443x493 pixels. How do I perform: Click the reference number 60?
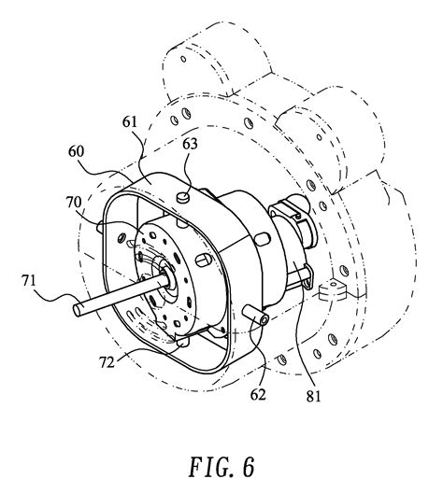[x=76, y=151]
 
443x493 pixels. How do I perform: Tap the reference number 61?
[x=130, y=121]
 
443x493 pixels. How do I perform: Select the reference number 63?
[x=190, y=144]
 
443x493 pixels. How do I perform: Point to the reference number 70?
[x=74, y=203]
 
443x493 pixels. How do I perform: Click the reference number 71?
[x=29, y=280]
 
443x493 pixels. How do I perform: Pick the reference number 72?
[x=107, y=362]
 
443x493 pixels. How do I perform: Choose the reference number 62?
[x=258, y=395]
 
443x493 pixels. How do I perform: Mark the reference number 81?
[x=313, y=397]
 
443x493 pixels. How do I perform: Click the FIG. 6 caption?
[x=221, y=467]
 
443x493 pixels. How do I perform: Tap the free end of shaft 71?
[x=77, y=310]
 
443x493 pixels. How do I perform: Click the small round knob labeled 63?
[x=182, y=197]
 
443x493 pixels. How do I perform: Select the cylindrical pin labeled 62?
[x=255, y=316]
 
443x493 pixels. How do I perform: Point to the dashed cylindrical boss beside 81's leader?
[x=332, y=290]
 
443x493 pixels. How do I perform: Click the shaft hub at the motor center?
[x=168, y=275]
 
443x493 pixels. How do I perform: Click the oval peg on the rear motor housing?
[x=263, y=239]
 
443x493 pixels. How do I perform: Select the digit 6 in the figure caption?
[x=249, y=467]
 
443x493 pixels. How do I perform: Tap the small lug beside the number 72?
[x=183, y=342]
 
